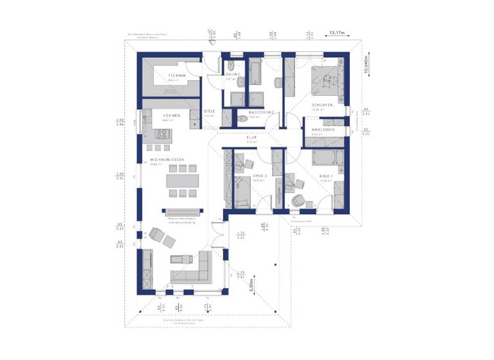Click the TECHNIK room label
tap(177, 76)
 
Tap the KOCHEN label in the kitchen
tap(171, 115)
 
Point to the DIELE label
tap(210, 111)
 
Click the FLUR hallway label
tap(252, 137)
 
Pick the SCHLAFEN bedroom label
tap(322, 104)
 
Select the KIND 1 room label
tap(325, 175)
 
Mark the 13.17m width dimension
tap(336, 32)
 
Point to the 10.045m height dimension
tap(366, 64)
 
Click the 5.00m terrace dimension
tap(253, 280)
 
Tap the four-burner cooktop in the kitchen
tap(161, 134)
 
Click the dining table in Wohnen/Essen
tap(182, 181)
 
